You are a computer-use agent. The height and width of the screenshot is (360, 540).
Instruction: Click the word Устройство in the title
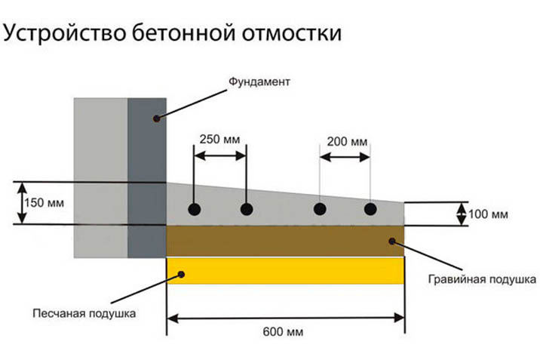point(64,33)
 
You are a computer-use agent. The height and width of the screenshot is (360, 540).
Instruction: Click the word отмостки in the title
point(291,34)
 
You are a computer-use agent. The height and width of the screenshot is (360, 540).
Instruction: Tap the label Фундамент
point(259,82)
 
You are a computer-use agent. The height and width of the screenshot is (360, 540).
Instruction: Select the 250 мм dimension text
point(219,139)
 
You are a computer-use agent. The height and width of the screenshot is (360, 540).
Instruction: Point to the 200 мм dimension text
point(347,142)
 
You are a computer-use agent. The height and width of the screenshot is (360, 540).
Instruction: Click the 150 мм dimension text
point(44,202)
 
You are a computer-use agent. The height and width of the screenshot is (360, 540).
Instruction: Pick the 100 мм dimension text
point(488,214)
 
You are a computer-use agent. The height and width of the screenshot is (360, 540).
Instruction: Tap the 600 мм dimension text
point(283,332)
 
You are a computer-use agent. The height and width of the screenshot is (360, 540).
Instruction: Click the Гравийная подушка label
point(482,279)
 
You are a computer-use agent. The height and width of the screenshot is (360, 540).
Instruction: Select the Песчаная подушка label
point(84,313)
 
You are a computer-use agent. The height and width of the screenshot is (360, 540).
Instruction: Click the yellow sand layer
point(285,271)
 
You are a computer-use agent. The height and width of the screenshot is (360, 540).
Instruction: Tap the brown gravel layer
point(285,241)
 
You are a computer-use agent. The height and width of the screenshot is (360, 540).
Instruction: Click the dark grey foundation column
point(147,178)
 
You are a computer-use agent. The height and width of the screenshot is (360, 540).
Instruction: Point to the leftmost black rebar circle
point(195,209)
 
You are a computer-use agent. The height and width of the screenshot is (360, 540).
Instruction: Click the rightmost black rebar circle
point(370,209)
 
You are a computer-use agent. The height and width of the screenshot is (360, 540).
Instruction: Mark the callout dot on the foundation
point(156,118)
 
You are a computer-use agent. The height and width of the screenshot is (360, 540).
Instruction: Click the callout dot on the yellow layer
point(181,274)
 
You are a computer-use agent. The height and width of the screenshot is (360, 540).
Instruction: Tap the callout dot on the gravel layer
point(392,242)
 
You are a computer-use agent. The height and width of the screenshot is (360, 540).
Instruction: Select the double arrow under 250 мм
point(220,155)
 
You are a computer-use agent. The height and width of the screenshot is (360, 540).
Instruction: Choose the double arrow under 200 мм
point(345,158)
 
